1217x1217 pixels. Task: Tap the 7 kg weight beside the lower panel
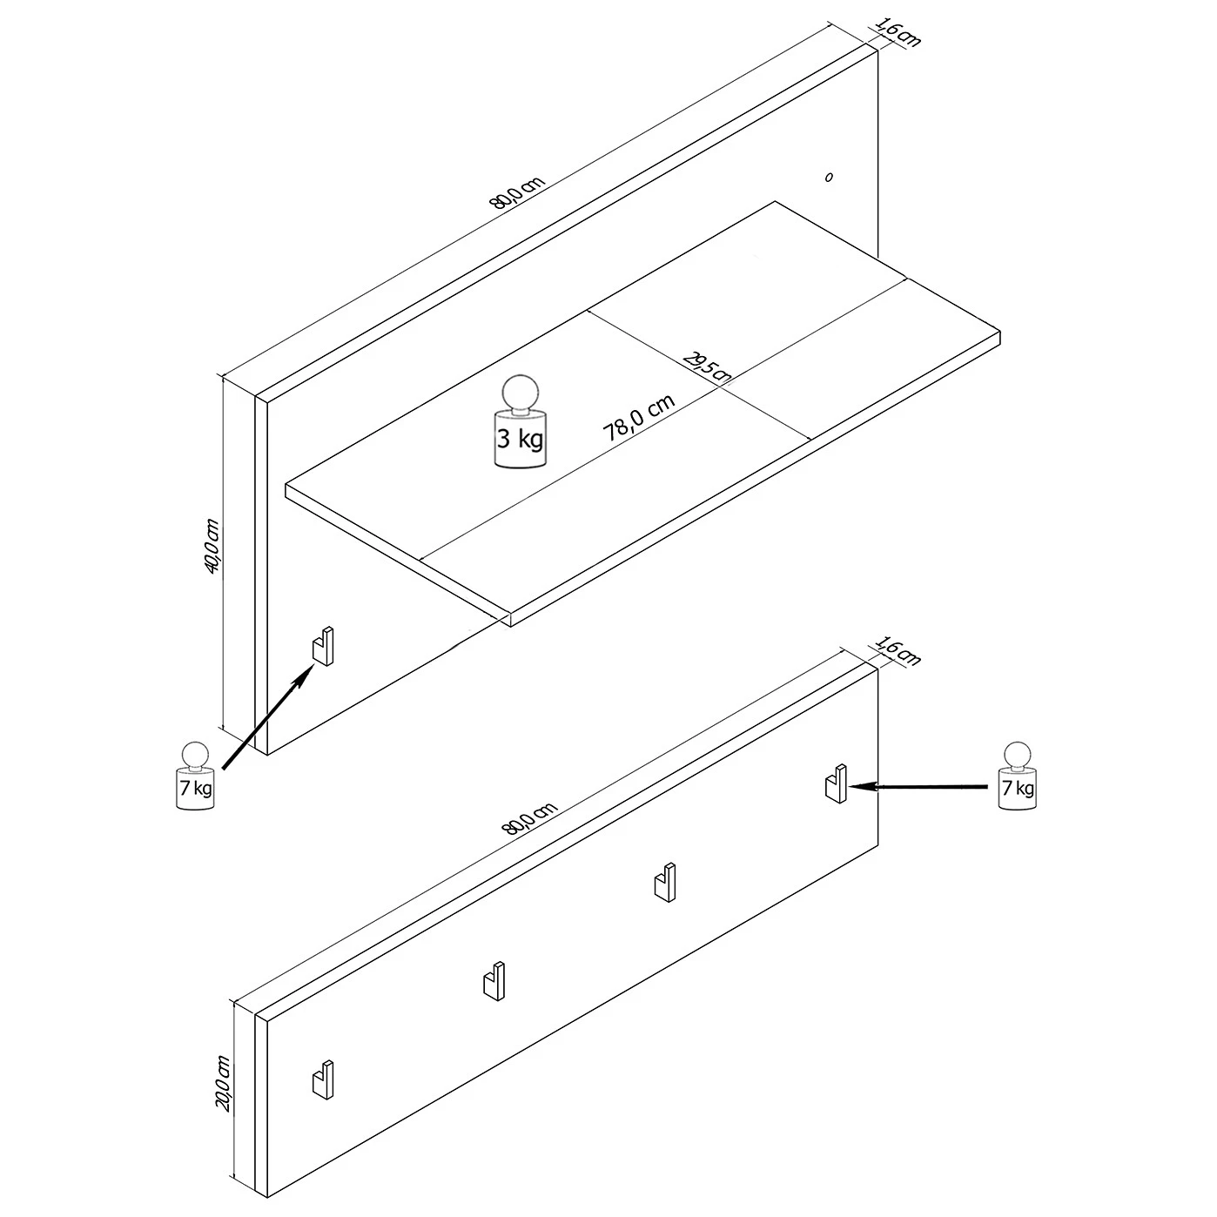1017,776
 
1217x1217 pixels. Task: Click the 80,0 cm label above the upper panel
516,192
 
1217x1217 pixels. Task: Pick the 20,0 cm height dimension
224,1083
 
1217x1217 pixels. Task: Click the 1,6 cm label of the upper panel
898,31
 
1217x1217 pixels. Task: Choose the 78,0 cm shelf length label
639,418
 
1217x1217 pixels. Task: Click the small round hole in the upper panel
830,178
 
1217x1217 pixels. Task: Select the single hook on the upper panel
323,646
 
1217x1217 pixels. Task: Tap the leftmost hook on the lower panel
323,1080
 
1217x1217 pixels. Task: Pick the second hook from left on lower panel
494,981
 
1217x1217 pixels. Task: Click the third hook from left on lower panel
664,882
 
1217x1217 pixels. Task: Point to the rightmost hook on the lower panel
837,783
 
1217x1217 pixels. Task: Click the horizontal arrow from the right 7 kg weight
918,787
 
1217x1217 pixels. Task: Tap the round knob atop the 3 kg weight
520,393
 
